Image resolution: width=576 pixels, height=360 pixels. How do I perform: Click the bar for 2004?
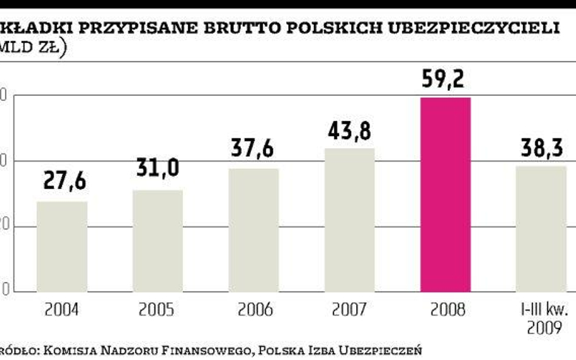point(62,246)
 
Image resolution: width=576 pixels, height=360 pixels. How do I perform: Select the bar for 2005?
point(157,240)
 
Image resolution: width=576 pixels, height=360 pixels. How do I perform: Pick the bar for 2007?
point(349,219)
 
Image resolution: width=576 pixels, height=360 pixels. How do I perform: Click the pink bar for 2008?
point(445,194)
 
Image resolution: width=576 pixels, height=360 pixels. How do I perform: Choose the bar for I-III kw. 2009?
point(541,228)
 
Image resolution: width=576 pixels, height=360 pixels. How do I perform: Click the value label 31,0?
point(157,167)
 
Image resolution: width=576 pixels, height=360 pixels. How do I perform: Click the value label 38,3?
point(541,148)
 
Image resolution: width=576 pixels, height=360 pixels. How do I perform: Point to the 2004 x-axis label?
point(62,310)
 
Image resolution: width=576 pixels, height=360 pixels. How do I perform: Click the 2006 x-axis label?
point(254,310)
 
